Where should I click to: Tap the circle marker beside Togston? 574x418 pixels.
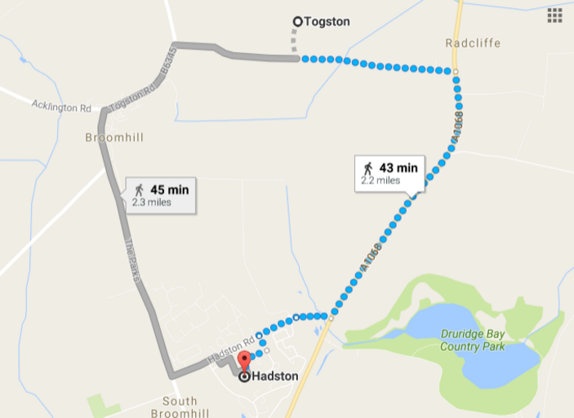tap(297, 22)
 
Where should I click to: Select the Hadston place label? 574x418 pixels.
tap(275, 377)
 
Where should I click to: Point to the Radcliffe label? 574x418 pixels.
tap(473, 42)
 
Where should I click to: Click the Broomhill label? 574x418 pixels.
tap(114, 138)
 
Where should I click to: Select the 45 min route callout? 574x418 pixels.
tap(161, 195)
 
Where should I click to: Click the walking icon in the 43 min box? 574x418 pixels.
tap(368, 168)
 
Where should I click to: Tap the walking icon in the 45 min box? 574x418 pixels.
tap(139, 189)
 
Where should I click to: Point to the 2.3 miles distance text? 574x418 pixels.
tap(152, 202)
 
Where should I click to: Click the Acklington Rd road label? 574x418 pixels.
tap(61, 107)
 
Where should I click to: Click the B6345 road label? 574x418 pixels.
tap(167, 64)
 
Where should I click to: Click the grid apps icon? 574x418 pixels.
tap(554, 16)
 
